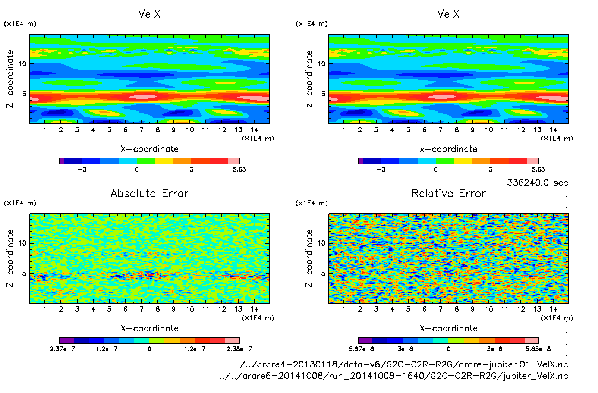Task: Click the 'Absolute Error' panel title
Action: pos(149,193)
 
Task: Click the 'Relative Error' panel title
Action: pos(448,193)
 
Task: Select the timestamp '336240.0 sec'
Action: pos(537,183)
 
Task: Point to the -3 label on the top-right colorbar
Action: pos(381,169)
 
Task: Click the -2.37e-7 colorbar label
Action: pos(60,349)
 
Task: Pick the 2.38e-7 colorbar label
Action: pos(239,349)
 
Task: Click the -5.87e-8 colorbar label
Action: pos(359,349)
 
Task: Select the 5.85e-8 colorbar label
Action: pos(538,349)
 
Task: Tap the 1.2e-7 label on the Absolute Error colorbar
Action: pos(195,349)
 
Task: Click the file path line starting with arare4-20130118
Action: pos(401,364)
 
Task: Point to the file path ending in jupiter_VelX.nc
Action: pos(393,376)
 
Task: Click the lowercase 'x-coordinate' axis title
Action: pos(448,149)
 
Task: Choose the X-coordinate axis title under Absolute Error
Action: pos(149,328)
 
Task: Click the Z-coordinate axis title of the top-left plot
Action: pos(10,79)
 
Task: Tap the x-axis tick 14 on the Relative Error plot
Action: pos(553,309)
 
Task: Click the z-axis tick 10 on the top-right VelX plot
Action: pos(321,64)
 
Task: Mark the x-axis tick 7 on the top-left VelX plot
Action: pos(141,130)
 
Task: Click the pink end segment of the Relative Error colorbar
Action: pos(532,340)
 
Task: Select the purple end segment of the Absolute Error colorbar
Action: pos(67,340)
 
